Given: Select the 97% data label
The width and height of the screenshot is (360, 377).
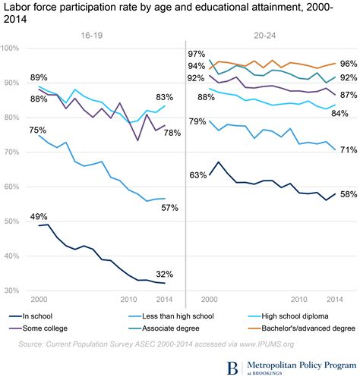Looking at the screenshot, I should [x=197, y=54].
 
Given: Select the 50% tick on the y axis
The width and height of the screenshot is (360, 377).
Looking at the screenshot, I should [x=12, y=221].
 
